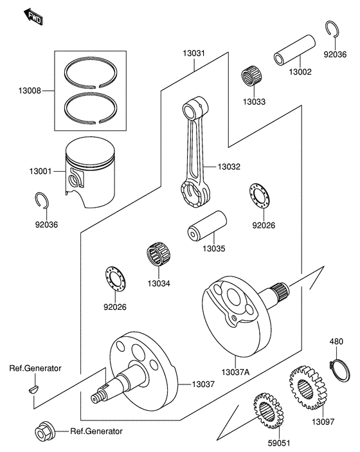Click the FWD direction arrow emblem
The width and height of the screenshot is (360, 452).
click(33, 17)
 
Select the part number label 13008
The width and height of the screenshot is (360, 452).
click(30, 91)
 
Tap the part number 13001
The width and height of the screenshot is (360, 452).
click(40, 172)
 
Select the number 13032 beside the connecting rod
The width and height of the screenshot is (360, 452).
click(229, 167)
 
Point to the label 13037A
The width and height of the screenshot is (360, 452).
click(237, 372)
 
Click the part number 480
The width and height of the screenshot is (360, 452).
click(337, 341)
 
